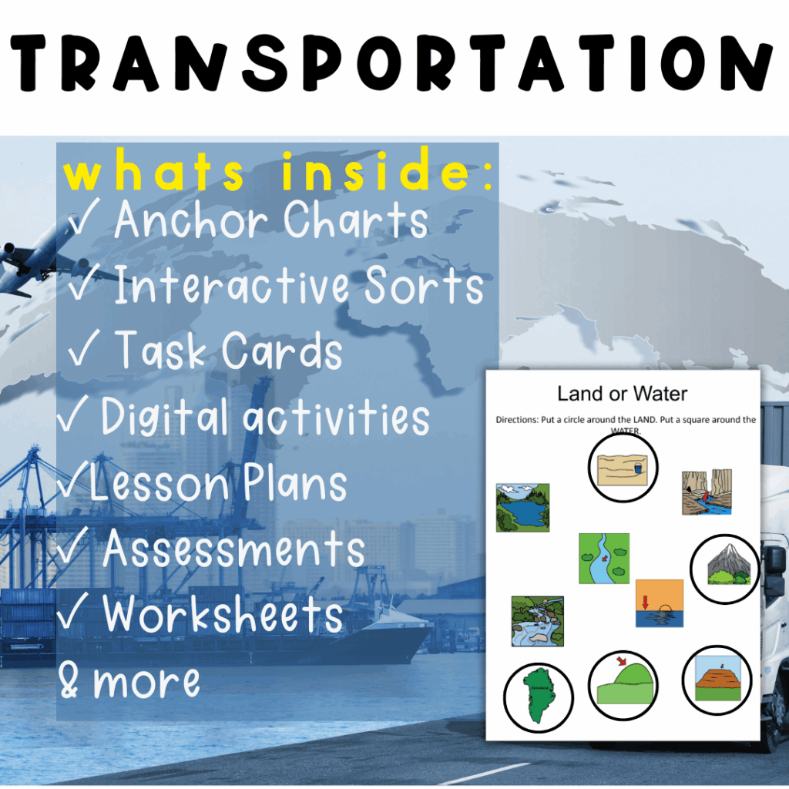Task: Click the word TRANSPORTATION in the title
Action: coord(391,62)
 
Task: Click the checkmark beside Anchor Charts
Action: coord(83,217)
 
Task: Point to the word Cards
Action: coord(282,351)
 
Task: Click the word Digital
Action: coord(164,416)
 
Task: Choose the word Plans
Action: coord(295,482)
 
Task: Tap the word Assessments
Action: coord(233,548)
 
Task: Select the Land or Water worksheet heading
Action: coord(622,394)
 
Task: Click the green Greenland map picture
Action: coord(539,696)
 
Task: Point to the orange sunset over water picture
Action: coord(660,603)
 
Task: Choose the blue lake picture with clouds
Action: coord(523,508)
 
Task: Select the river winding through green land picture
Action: coord(604,559)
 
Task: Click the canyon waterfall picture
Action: coord(707,492)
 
